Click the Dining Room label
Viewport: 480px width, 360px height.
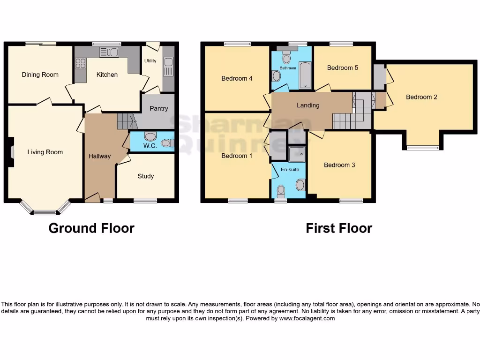coord(40,75)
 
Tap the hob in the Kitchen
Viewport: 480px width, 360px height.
coord(80,63)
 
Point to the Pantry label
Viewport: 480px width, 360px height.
coord(158,109)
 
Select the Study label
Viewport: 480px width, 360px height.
coord(145,176)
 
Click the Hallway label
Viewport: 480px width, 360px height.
coord(99,156)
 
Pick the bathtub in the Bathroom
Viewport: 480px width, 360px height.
coord(305,77)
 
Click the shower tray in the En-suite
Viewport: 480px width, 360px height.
coord(297,153)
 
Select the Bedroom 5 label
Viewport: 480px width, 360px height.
coord(342,67)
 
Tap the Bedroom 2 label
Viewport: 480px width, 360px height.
coord(421,97)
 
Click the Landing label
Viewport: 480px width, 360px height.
coord(308,105)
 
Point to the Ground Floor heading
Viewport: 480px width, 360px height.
coord(91,228)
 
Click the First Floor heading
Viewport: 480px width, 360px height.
coord(339,228)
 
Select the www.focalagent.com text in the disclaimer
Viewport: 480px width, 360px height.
coord(307,318)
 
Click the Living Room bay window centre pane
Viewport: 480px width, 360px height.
coord(45,212)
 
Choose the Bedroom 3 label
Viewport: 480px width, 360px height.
coord(339,165)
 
